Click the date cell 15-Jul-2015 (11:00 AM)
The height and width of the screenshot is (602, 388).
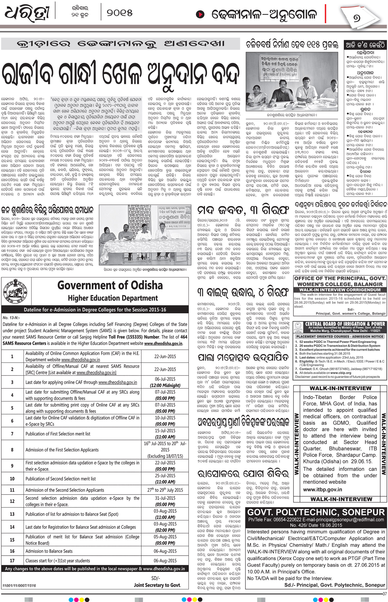coord(165,434)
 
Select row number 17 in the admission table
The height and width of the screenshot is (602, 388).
coord(12,561)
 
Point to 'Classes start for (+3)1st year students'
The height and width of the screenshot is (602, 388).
coord(58,561)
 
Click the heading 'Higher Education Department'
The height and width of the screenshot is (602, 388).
coord(113,298)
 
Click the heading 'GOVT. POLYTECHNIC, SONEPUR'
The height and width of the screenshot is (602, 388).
coord(316,512)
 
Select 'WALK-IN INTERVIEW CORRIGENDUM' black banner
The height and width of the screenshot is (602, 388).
coord(339,290)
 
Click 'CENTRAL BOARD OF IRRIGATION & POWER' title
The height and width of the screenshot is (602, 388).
coord(345,324)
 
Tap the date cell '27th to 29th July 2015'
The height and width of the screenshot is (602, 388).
coord(165,490)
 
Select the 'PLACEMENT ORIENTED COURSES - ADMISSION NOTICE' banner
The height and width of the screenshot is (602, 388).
coord(340,336)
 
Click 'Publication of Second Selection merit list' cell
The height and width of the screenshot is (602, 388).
coord(61,479)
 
